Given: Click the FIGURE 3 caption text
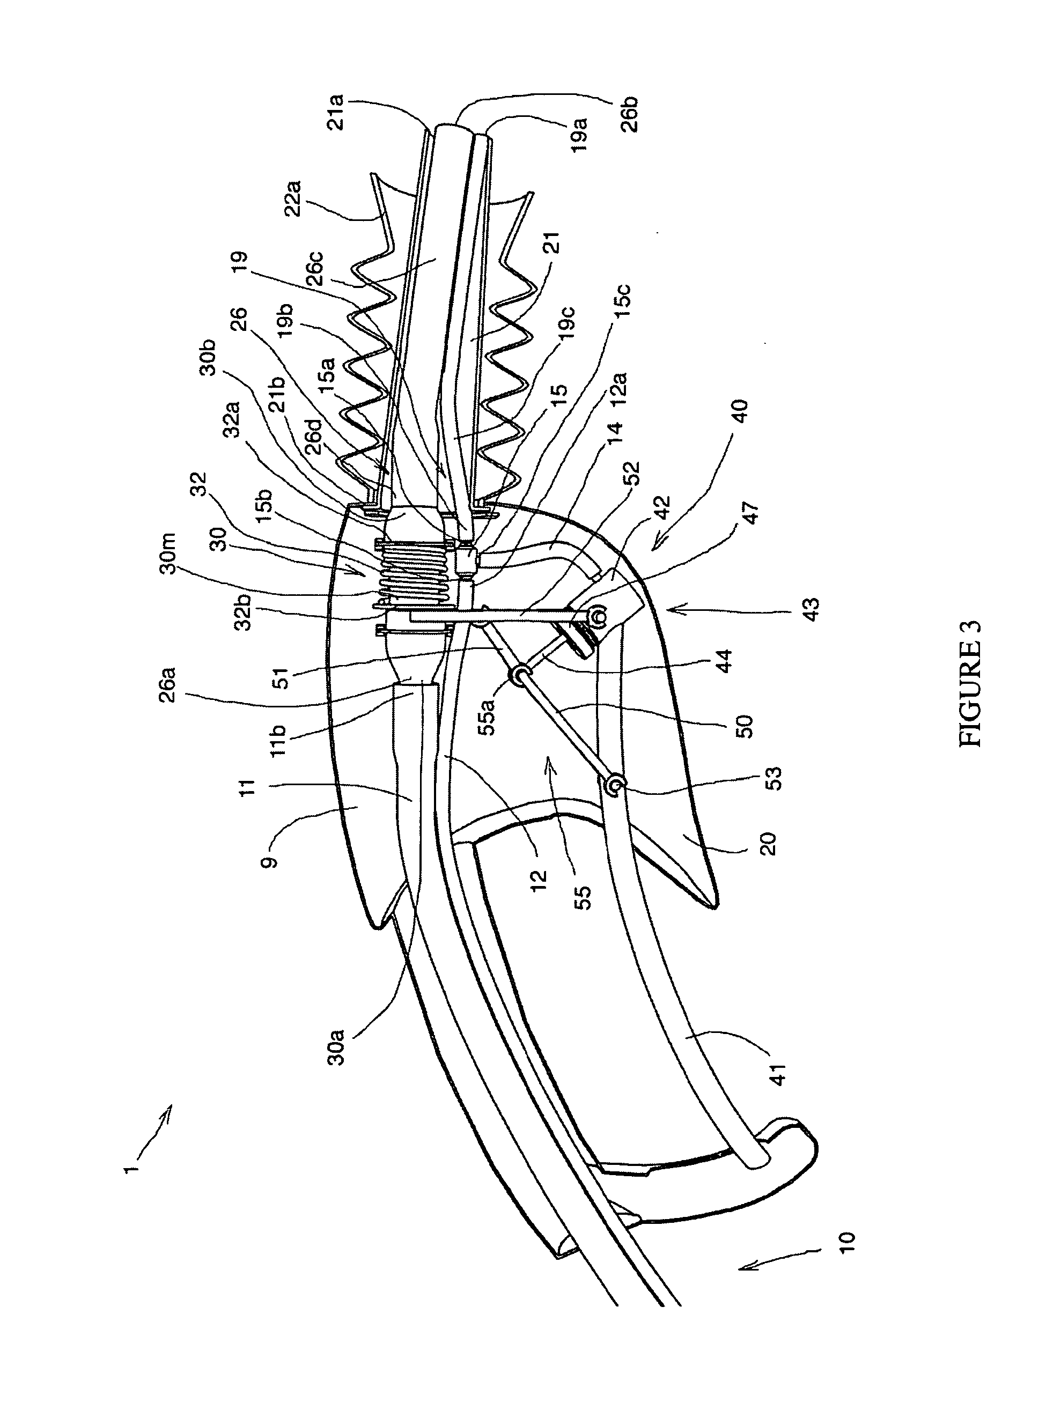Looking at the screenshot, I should (x=969, y=683).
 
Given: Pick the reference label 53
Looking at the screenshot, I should (x=774, y=778).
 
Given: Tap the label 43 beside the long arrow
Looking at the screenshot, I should (x=811, y=609).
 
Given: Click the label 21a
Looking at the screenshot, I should (x=336, y=112).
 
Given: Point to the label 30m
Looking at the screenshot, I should (x=168, y=553).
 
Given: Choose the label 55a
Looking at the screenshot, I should (x=485, y=713).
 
